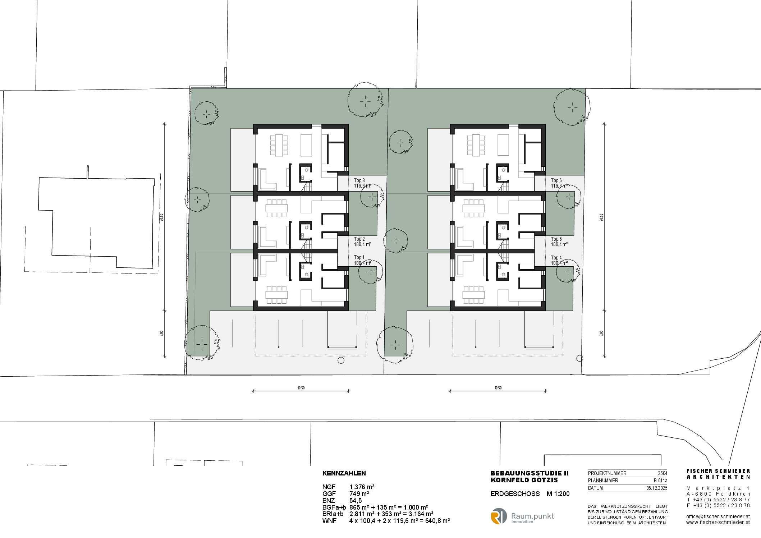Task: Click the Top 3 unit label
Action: [x=359, y=180]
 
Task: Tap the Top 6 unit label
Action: [x=556, y=180]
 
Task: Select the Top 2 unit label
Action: [x=359, y=239]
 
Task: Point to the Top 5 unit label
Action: [x=556, y=239]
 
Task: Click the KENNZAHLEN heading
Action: [x=344, y=473]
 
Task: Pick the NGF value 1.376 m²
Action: [x=362, y=487]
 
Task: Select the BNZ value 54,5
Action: [x=356, y=501]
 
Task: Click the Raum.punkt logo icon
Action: [x=499, y=516]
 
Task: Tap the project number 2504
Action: [x=663, y=473]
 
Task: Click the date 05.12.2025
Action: [x=657, y=488]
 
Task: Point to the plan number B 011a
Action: [x=661, y=480]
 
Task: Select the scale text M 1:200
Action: [x=558, y=494]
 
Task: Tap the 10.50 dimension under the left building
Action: [x=301, y=388]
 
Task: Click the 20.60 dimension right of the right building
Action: [x=601, y=217]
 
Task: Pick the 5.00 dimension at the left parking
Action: [x=162, y=333]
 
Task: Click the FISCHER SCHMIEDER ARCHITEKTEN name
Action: [x=718, y=474]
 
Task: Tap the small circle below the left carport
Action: [x=341, y=360]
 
